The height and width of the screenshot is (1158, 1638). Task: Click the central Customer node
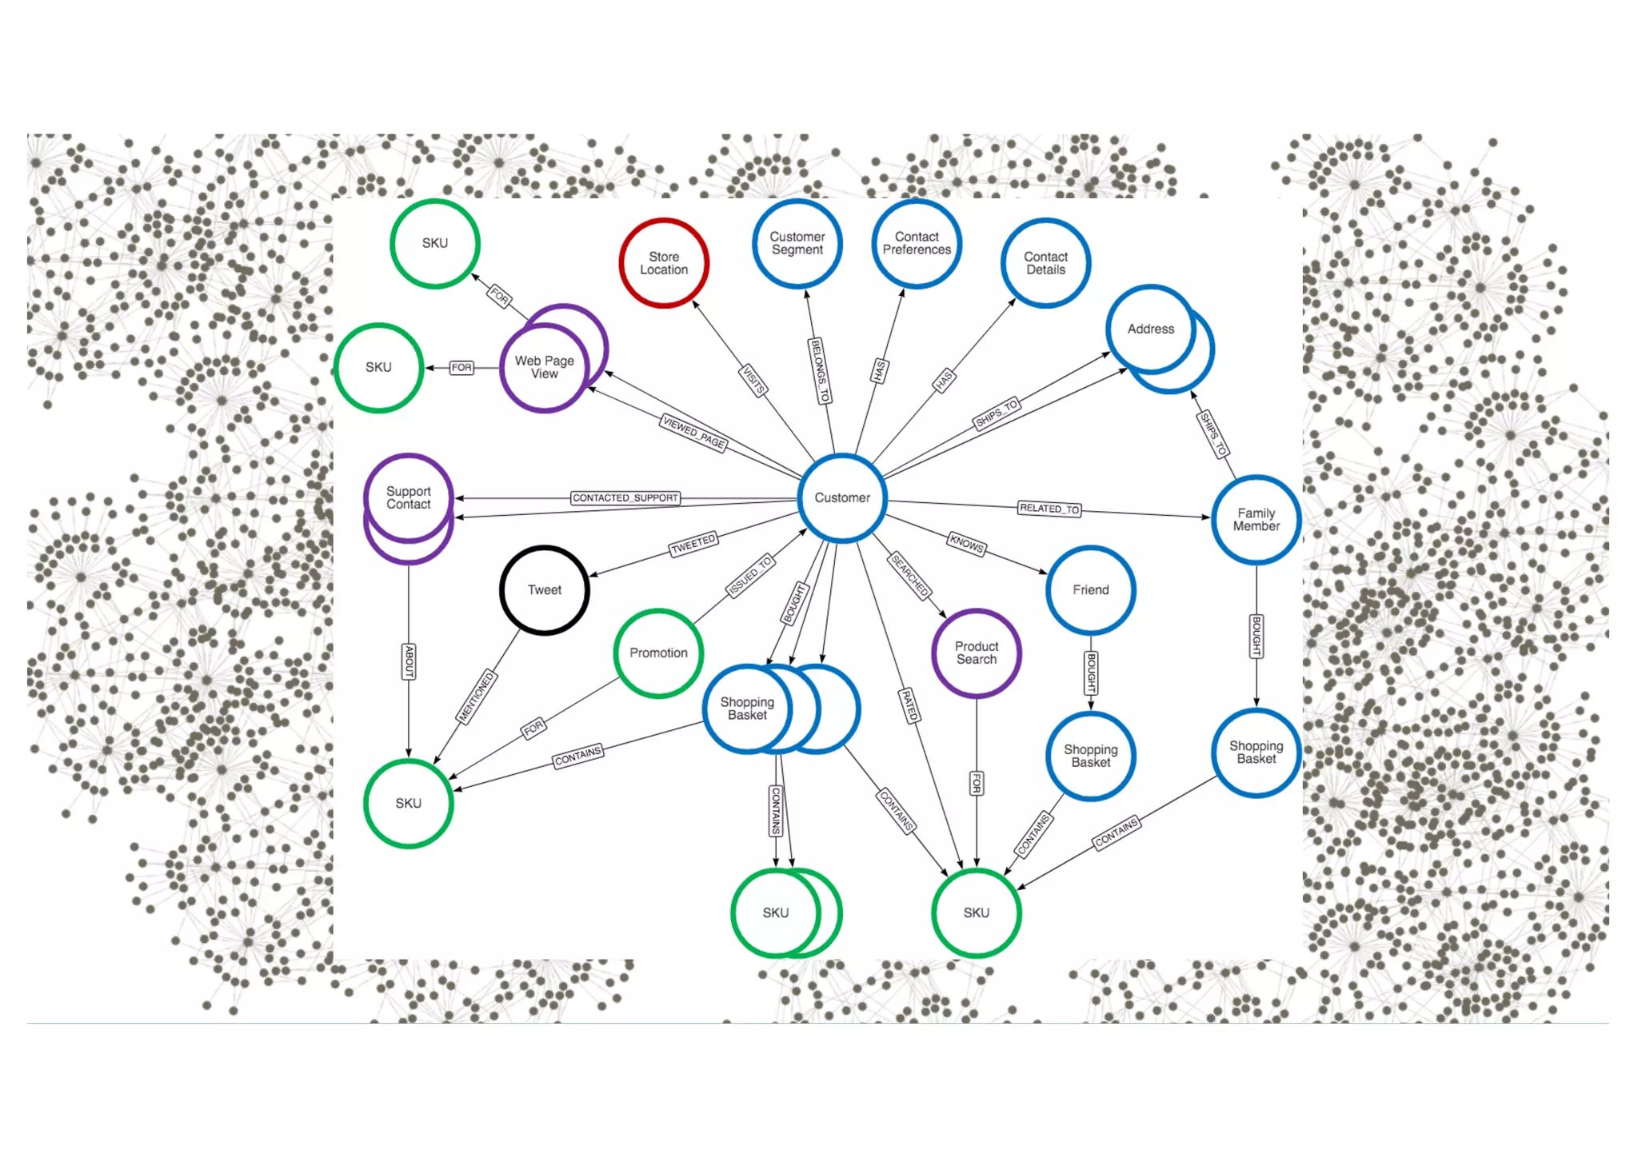pos(842,497)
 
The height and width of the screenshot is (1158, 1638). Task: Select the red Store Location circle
pos(664,263)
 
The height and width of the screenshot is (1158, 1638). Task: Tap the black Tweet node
pos(545,590)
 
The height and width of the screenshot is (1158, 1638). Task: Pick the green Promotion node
pos(658,653)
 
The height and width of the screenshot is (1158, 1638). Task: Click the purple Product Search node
pos(977,653)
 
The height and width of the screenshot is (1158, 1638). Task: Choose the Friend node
pos(1090,590)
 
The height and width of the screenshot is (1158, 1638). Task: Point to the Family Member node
pos(1256,520)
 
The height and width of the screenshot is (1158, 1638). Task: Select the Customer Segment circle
pos(797,243)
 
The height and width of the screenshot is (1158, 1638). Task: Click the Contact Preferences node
pos(917,243)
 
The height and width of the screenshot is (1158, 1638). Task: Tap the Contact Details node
pos(1045,263)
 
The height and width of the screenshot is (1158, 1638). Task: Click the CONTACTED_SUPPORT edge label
pos(625,498)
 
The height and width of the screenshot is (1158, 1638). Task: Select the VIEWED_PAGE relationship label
pos(694,433)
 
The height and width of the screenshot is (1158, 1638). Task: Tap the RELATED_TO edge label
pos(1049,509)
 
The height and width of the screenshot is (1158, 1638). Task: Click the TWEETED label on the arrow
pos(693,544)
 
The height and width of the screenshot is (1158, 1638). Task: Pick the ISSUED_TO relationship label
pos(749,576)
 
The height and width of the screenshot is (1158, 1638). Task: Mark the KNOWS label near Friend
pos(966,544)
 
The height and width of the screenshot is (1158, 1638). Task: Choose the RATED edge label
pos(910,705)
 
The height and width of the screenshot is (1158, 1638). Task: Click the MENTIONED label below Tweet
pos(477,697)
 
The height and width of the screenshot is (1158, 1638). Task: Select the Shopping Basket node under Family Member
pos(1256,753)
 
